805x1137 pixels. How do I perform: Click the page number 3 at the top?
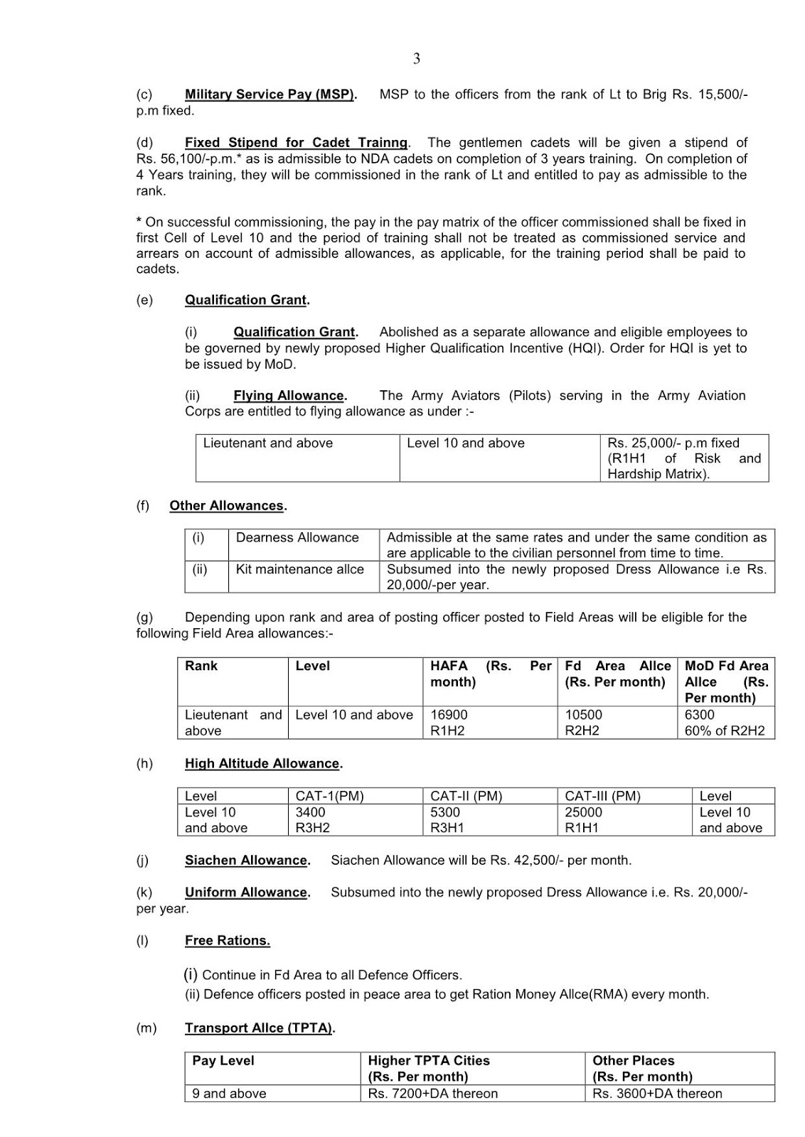(x=416, y=59)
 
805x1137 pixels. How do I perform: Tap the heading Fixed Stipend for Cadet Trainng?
(x=297, y=143)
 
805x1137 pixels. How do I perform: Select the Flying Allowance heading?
(x=289, y=396)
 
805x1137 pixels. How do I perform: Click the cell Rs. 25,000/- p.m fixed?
(x=673, y=443)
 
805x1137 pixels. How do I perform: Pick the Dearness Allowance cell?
(x=297, y=538)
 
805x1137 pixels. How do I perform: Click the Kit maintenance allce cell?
(x=299, y=570)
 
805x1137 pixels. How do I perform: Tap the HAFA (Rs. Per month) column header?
(x=490, y=674)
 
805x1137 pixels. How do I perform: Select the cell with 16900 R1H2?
(x=449, y=723)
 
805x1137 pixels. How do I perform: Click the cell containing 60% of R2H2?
(x=725, y=731)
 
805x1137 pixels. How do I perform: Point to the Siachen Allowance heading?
(x=247, y=861)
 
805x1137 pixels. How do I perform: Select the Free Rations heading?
(x=227, y=941)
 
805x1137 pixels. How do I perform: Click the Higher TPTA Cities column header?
(x=429, y=1068)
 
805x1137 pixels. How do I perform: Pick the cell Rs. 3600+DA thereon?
(x=657, y=1094)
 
